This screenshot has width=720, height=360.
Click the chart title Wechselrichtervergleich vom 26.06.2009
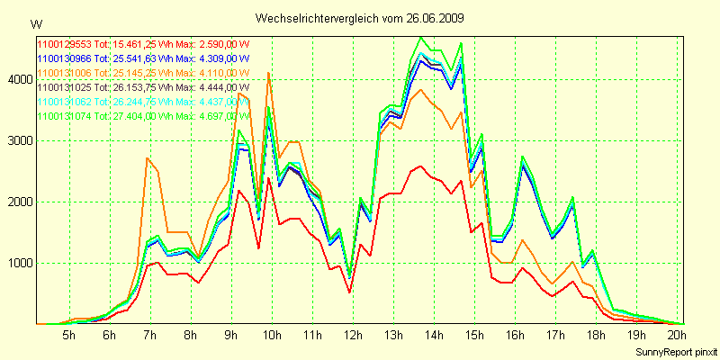pyautogui.click(x=360, y=18)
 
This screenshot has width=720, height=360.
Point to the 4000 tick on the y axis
pyautogui.click(x=20, y=79)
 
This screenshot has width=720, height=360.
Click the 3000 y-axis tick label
pyautogui.click(x=20, y=140)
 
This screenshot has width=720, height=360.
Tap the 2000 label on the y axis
pyautogui.click(x=20, y=202)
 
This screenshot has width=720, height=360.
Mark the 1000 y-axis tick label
pyautogui.click(x=20, y=263)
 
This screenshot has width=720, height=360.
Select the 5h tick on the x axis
pyautogui.click(x=68, y=336)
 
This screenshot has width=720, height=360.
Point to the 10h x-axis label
pyautogui.click(x=271, y=336)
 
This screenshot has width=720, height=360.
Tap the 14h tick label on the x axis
pyautogui.click(x=434, y=336)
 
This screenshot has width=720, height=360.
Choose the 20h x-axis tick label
pyautogui.click(x=677, y=336)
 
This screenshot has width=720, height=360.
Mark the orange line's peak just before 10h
pyautogui.click(x=268, y=73)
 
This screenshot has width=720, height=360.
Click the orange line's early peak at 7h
pyautogui.click(x=148, y=158)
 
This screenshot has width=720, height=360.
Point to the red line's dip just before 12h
pyautogui.click(x=349, y=292)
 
